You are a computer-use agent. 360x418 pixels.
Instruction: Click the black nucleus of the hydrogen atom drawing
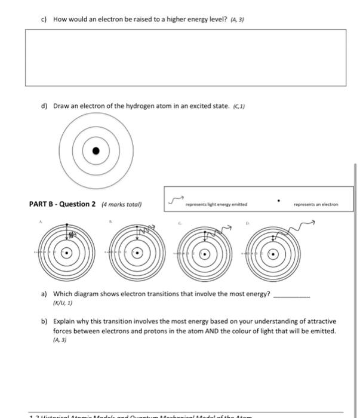(x=96, y=152)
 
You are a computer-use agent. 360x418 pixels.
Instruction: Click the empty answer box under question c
(x=185, y=57)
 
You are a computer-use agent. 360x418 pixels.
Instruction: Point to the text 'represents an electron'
(x=316, y=204)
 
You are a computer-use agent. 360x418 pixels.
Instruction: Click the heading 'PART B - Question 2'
(x=62, y=204)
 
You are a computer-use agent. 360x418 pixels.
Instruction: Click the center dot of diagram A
(x=67, y=253)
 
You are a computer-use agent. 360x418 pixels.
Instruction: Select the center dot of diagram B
(x=138, y=253)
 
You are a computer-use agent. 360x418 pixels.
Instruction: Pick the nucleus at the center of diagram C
(x=205, y=253)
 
